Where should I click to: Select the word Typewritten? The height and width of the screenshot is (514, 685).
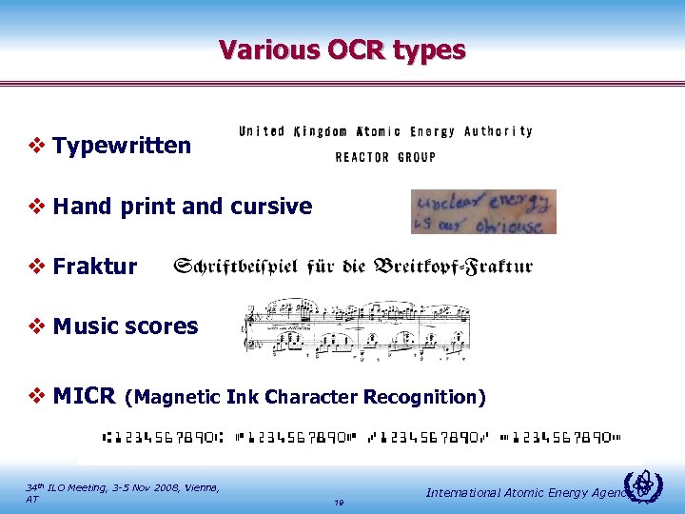(122, 146)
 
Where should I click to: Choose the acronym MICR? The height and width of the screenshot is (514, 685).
(85, 395)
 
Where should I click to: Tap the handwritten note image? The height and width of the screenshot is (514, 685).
(483, 211)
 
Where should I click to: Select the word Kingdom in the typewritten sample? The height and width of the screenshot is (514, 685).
(321, 131)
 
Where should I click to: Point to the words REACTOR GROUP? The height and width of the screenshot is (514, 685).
(385, 157)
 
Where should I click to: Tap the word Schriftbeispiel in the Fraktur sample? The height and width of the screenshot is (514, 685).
(239, 267)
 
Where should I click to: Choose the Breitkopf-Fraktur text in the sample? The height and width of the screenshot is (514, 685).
(452, 267)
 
